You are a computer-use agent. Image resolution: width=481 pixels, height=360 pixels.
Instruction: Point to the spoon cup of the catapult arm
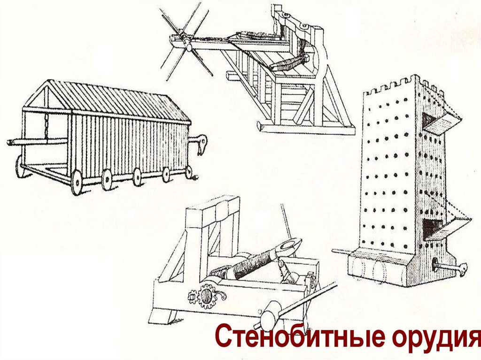291,245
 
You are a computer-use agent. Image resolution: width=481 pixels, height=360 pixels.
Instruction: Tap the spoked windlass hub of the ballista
186,45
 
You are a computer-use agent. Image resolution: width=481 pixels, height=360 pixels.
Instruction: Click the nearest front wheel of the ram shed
77,184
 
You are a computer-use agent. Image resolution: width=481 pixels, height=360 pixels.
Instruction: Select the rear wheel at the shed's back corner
20,168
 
